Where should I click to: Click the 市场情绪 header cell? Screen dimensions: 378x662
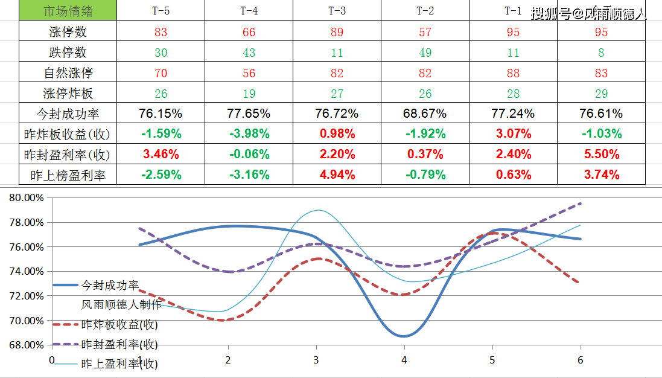point(68,11)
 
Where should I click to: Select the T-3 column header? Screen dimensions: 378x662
point(337,11)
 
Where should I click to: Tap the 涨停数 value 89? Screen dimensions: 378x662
point(337,32)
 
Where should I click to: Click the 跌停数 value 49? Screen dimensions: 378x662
point(425,53)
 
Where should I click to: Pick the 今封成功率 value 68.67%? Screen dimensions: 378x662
point(425,114)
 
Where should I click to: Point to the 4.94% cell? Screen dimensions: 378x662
point(337,175)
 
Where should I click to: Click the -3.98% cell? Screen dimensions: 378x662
point(249,134)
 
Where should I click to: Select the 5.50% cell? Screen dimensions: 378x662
point(601,155)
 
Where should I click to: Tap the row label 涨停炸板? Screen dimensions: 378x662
point(68,94)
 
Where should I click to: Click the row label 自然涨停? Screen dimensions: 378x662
point(68,73)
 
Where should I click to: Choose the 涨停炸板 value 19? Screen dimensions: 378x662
point(249,94)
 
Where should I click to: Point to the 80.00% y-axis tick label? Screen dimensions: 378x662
point(27,197)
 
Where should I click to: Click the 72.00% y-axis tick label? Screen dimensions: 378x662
point(27,296)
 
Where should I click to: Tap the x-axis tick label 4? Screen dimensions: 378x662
point(404,360)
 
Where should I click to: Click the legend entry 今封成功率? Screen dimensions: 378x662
point(110,284)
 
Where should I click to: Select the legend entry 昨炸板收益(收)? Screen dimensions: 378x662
point(119,324)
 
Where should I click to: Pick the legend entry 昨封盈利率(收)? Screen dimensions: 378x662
point(119,344)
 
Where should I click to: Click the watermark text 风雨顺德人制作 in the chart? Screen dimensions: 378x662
point(121,304)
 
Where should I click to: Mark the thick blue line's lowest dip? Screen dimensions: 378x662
point(404,336)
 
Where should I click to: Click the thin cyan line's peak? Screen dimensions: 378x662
point(318,210)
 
